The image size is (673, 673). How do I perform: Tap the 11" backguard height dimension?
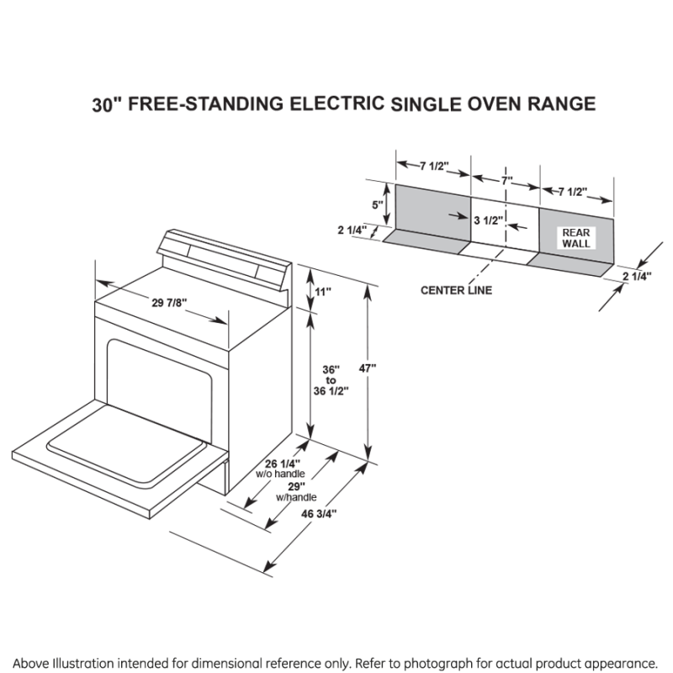pos(324,291)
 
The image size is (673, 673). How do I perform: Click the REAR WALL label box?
pos(576,237)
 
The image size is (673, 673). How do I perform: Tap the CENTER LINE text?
pos(457,290)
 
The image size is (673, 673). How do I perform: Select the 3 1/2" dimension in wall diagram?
pos(488,221)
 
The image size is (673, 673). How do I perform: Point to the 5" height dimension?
pos(379,204)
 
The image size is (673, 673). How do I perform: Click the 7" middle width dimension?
pos(506,180)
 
